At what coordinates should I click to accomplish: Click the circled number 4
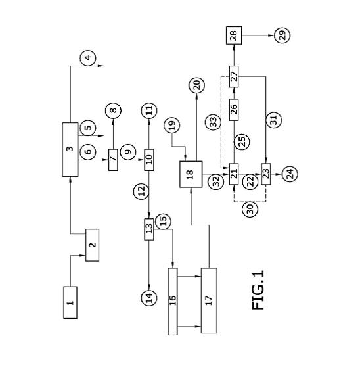point(88,58)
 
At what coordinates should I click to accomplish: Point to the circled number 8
point(113,110)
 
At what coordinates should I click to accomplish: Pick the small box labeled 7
point(113,160)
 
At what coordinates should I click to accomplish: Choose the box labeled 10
point(149,160)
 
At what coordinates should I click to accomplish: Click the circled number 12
point(141,190)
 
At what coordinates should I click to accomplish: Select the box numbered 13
point(149,229)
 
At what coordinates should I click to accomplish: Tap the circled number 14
point(149,298)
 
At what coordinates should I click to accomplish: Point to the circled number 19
point(172,125)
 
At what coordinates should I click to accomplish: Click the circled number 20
point(196,85)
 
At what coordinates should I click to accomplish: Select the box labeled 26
point(234,110)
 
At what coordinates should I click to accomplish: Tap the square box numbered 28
point(234,35)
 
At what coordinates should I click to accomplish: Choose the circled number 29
point(282,35)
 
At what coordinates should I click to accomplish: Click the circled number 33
point(213,122)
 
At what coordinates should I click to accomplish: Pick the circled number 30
point(250,209)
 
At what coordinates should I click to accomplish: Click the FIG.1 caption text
point(258,290)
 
